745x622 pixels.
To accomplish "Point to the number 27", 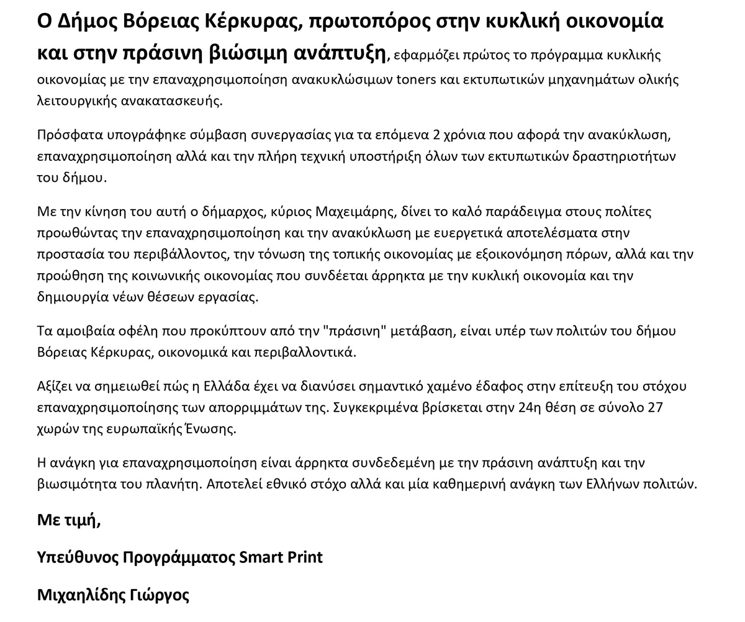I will point(656,407).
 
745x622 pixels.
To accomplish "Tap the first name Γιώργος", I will point(160,595).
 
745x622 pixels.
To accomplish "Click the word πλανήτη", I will point(175,484).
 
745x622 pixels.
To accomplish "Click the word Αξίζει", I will point(54,386).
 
